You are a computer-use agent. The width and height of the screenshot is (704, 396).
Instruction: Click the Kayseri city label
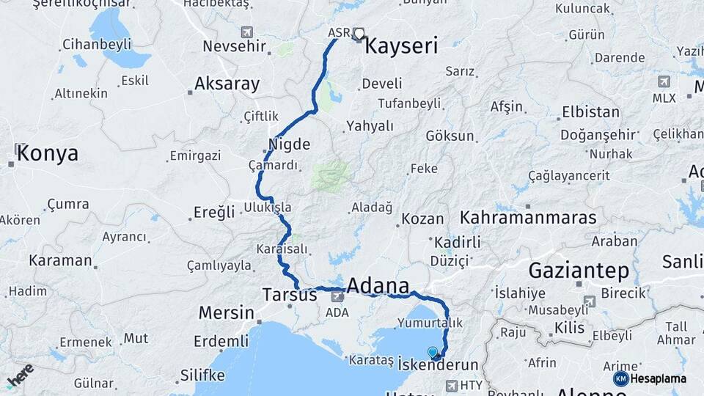pyautogui.click(x=401, y=46)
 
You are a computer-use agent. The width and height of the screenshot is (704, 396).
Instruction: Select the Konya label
pyautogui.click(x=47, y=153)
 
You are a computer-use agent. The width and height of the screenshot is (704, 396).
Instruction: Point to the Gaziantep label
pyautogui.click(x=579, y=271)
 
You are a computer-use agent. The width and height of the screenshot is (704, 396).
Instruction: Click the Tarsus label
pyautogui.click(x=289, y=295)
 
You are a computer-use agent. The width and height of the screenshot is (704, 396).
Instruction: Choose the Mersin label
pyautogui.click(x=226, y=313)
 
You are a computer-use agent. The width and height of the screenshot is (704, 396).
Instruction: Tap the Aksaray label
pyautogui.click(x=227, y=84)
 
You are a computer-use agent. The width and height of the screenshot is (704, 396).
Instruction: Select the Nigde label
pyautogui.click(x=289, y=144)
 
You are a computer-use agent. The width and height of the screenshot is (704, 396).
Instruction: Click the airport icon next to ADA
pyautogui.click(x=337, y=296)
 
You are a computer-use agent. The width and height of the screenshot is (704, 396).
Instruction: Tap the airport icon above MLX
pyautogui.click(x=664, y=81)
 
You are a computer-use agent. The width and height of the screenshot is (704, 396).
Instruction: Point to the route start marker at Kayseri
pyautogui.click(x=359, y=32)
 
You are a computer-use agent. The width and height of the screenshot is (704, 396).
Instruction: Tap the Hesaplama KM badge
pyautogui.click(x=650, y=378)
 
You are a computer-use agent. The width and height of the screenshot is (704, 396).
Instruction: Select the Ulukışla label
pyautogui.click(x=268, y=208)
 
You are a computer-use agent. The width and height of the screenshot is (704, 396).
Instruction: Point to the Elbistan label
pyautogui.click(x=590, y=113)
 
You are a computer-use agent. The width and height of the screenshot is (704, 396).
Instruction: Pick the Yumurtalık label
pyautogui.click(x=431, y=323)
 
